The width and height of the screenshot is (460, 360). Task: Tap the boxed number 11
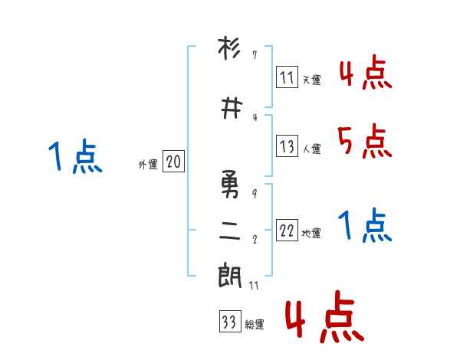287,77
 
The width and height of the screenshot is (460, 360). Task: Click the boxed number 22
287,231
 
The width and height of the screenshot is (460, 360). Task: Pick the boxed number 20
173,162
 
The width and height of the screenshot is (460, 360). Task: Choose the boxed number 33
228,322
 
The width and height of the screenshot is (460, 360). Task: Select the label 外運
147,165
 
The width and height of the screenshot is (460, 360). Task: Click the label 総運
254,325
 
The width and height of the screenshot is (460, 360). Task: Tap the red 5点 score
364,141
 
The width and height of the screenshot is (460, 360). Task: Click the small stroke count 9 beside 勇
255,193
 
